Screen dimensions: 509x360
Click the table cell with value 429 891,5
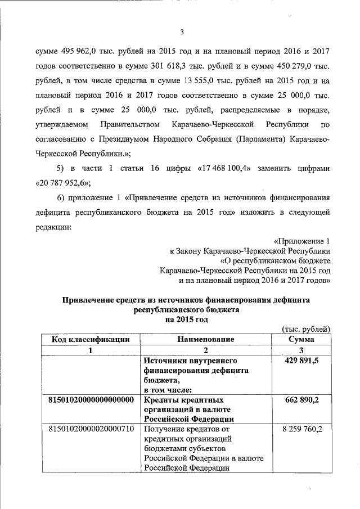[x=301, y=361]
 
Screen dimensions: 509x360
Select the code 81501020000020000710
[x=92, y=430]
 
